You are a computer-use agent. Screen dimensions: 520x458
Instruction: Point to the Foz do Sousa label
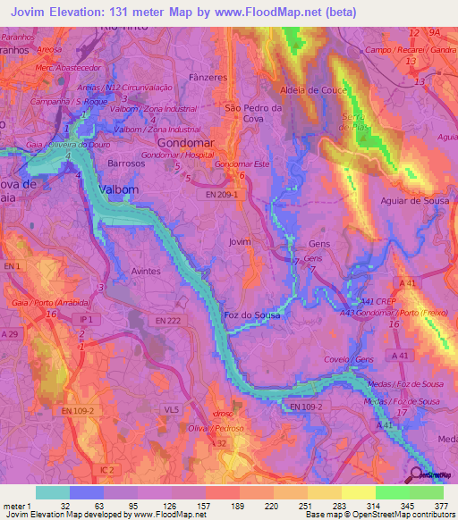click(x=254, y=315)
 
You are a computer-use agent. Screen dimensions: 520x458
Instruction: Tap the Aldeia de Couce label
click(x=314, y=90)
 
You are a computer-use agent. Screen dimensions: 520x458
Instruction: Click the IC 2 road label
click(x=108, y=468)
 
